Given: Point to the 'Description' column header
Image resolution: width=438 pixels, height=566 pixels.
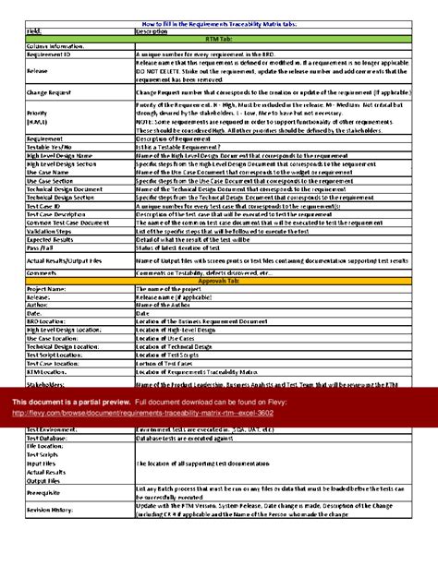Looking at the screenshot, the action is [153, 30].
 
